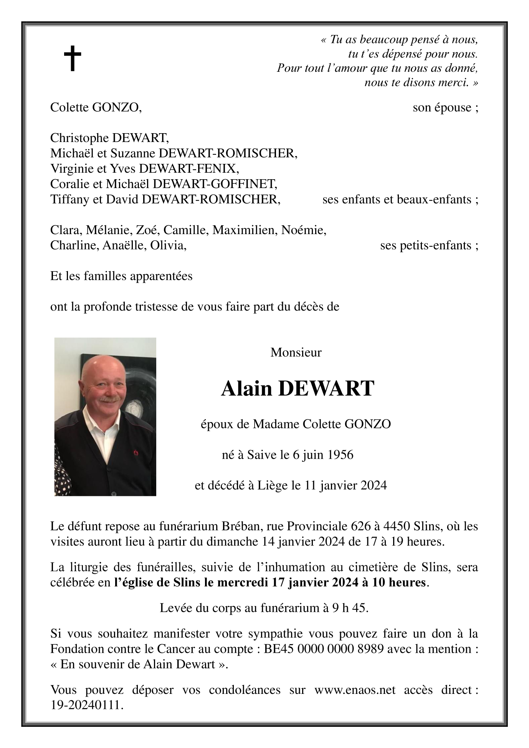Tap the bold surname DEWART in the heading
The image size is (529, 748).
click(x=326, y=388)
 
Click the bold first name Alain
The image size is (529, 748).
click(x=246, y=388)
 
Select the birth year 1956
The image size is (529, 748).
click(x=341, y=455)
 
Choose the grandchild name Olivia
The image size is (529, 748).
click(x=168, y=246)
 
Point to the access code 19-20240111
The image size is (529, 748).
click(x=87, y=705)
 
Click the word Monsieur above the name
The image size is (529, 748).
click(x=296, y=352)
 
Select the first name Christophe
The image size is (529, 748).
click(x=79, y=138)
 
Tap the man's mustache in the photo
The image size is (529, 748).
click(x=107, y=400)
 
